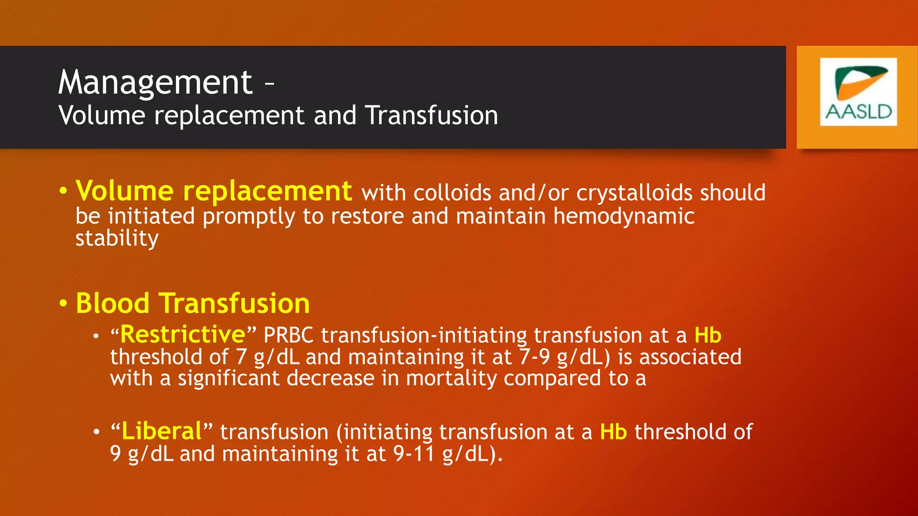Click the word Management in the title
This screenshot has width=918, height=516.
click(x=155, y=83)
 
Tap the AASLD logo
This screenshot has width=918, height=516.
click(x=858, y=92)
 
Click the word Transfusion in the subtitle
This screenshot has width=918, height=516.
click(x=431, y=116)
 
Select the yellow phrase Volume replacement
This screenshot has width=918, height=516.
click(x=214, y=191)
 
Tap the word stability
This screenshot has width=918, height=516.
click(x=117, y=238)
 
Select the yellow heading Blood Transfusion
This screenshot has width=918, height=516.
click(x=193, y=303)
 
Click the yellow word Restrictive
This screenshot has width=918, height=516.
click(x=183, y=335)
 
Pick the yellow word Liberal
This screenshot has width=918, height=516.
click(x=162, y=431)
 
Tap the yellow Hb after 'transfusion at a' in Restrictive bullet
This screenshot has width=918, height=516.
click(x=708, y=335)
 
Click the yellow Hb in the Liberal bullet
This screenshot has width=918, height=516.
click(x=613, y=432)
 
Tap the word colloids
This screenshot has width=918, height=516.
click(x=452, y=193)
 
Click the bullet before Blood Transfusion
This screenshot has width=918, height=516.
click(x=63, y=304)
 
